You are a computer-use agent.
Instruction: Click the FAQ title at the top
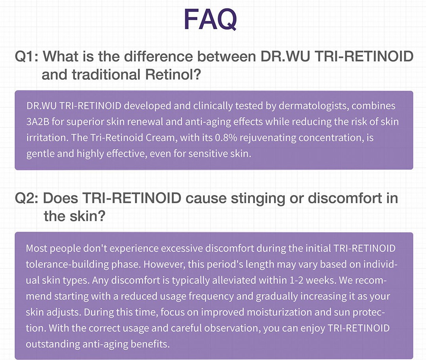(x=210, y=19)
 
